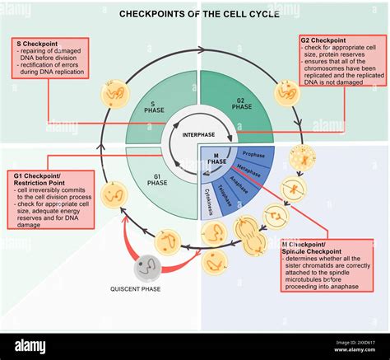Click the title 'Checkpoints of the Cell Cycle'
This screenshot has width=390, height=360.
tap(198, 14)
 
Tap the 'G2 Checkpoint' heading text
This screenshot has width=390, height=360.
tap(323, 40)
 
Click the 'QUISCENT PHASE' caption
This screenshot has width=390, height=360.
tap(136, 289)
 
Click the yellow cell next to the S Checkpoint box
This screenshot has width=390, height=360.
tap(114, 93)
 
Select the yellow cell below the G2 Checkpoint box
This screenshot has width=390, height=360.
tap(287, 92)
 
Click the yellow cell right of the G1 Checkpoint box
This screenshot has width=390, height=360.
tap(114, 194)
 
